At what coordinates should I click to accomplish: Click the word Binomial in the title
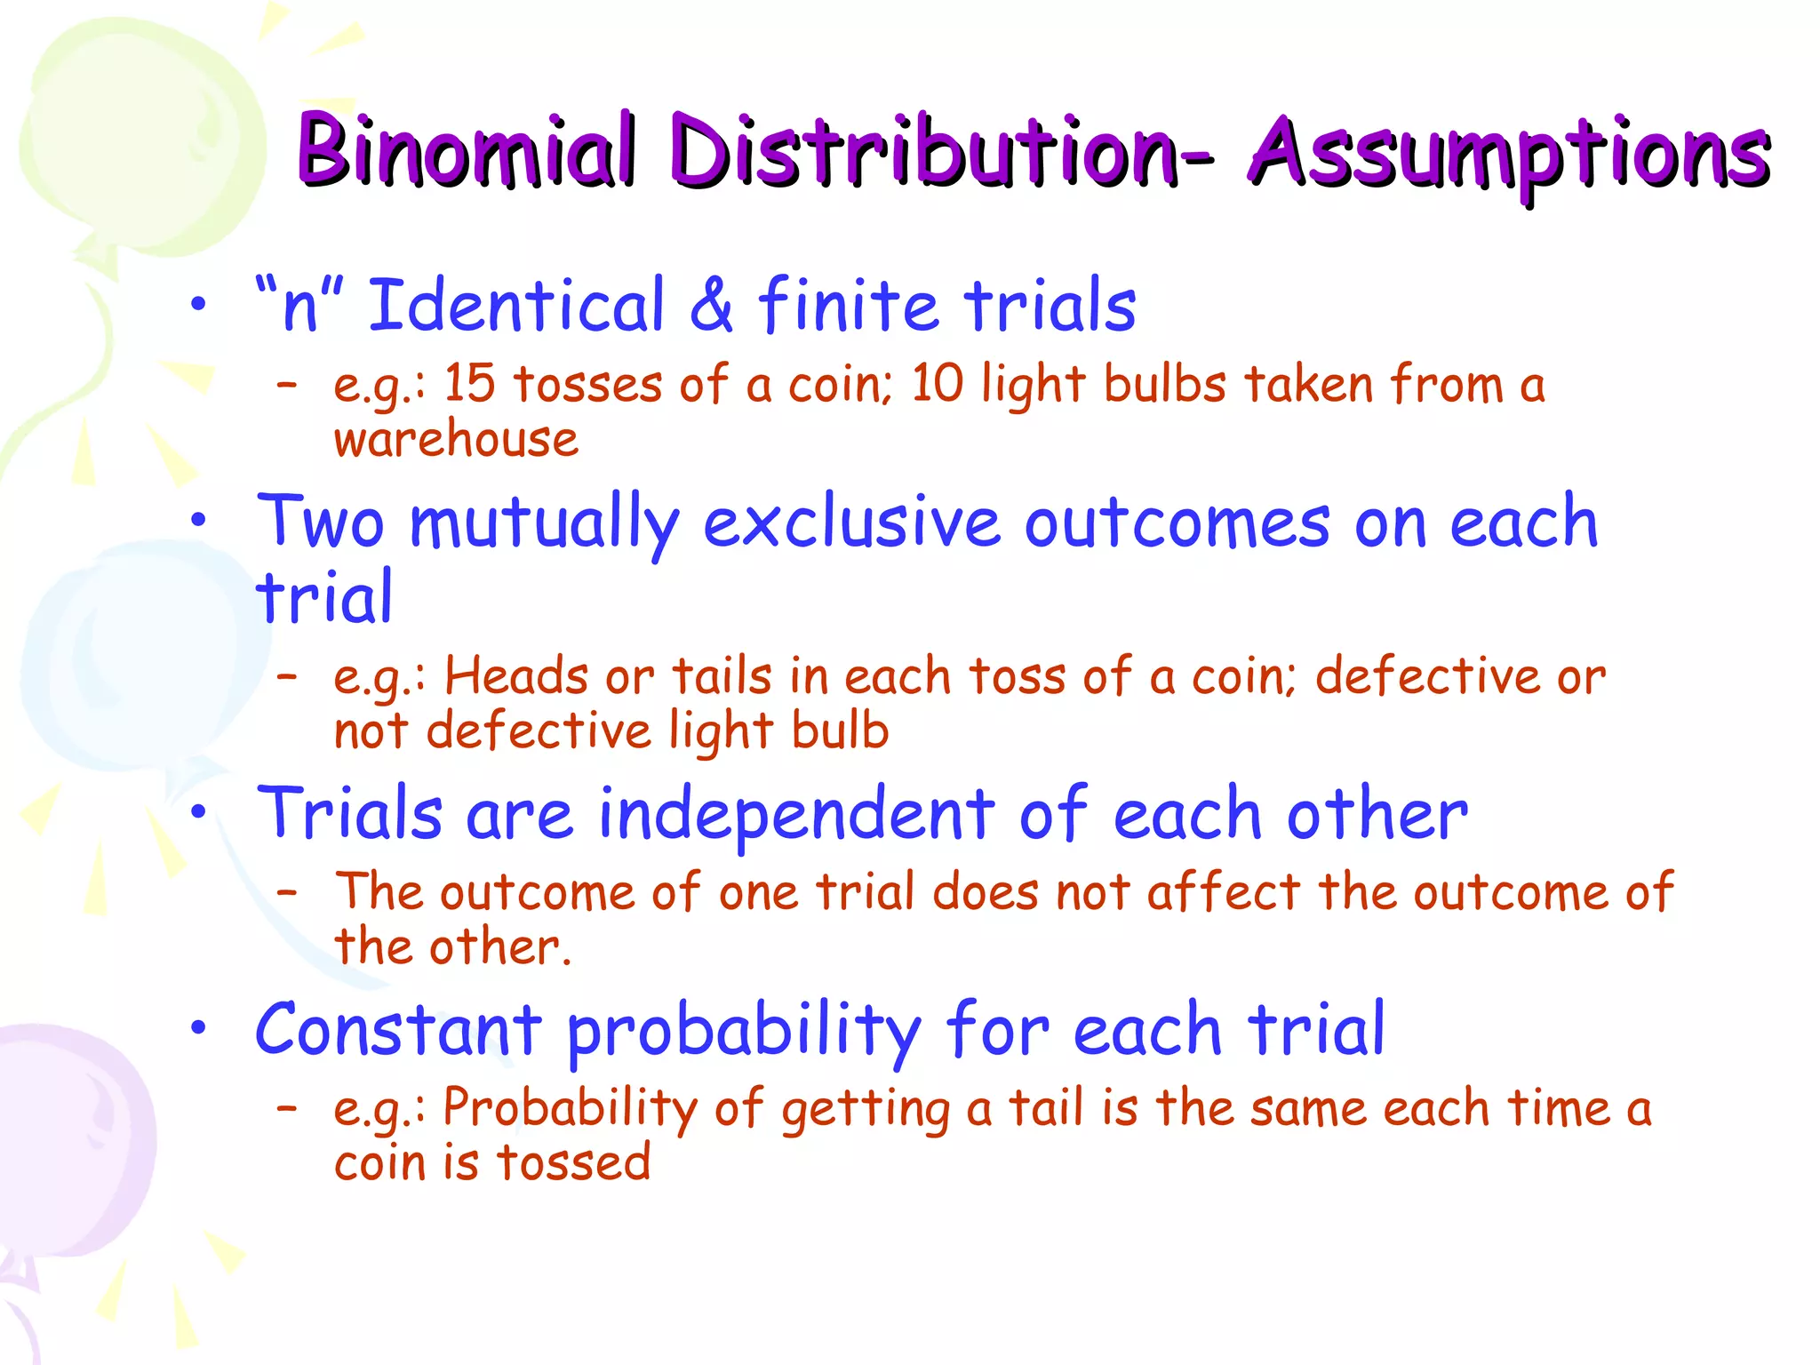click(x=467, y=151)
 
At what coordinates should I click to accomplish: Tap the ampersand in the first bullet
click(x=711, y=305)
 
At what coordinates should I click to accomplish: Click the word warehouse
click(x=456, y=440)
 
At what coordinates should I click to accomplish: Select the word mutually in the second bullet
click(x=544, y=524)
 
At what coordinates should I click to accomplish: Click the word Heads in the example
click(x=516, y=676)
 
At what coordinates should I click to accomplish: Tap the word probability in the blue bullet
click(x=744, y=1033)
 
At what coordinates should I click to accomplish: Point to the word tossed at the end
click(x=573, y=1162)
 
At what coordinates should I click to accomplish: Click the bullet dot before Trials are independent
click(x=198, y=811)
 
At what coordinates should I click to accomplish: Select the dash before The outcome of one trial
click(x=286, y=891)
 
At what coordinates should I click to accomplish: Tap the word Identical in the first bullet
click(x=516, y=305)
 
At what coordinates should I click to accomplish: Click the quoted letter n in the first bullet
click(x=299, y=307)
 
